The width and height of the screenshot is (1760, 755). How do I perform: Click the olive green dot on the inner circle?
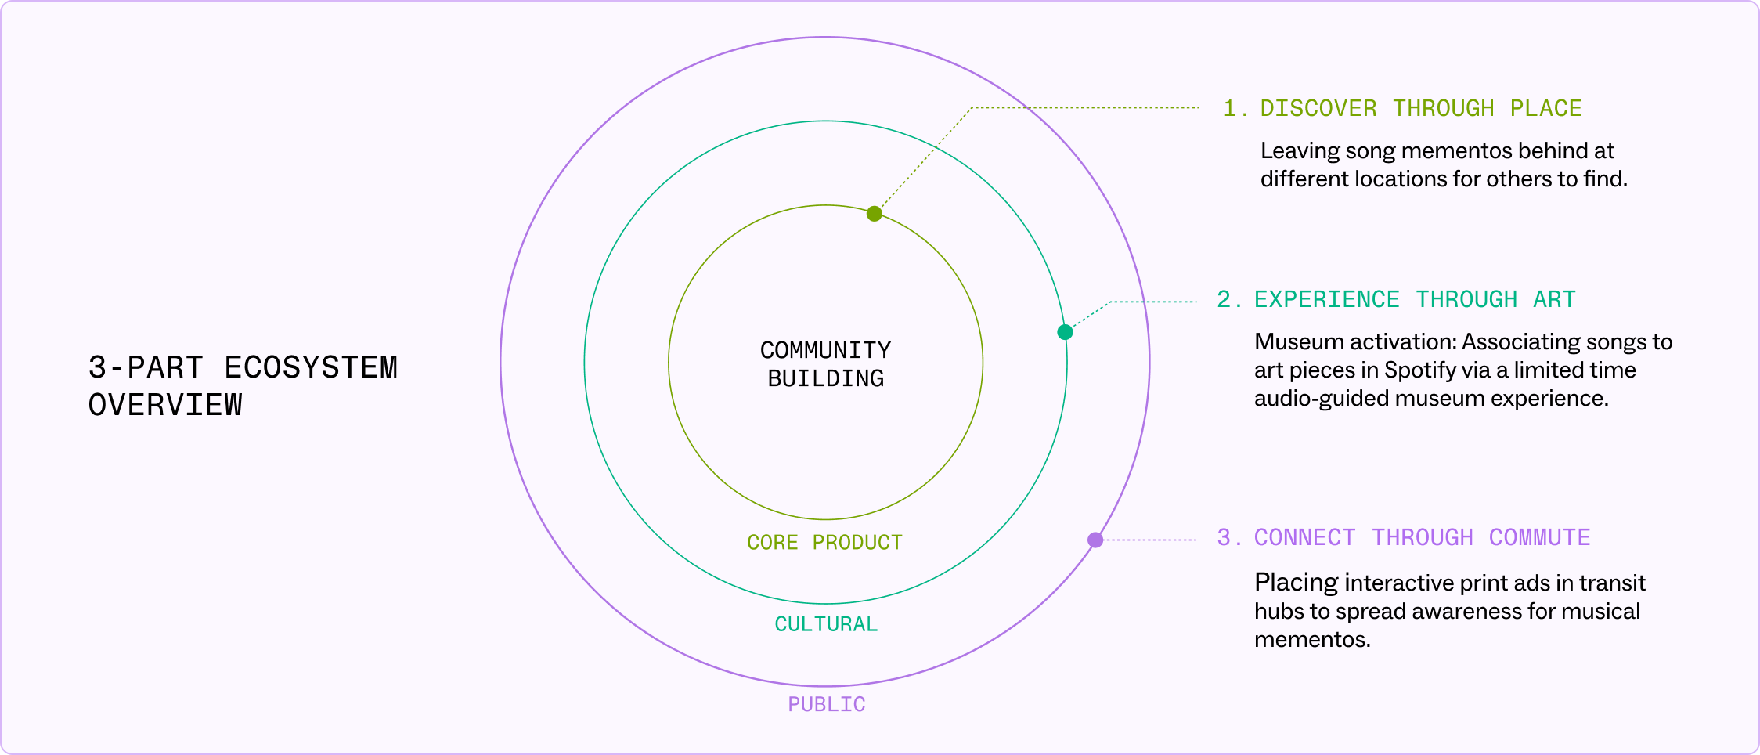coord(875,214)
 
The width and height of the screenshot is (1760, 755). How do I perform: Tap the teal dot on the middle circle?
coord(1065,332)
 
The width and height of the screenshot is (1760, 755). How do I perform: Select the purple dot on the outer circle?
coord(1095,540)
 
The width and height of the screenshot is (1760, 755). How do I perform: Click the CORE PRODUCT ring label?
coord(824,543)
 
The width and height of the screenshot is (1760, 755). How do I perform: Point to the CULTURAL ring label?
coord(826,624)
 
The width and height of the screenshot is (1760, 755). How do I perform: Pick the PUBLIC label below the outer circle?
coord(826,705)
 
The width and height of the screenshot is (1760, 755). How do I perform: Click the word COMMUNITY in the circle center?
coord(825,350)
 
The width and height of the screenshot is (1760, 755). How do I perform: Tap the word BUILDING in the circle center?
coord(825,379)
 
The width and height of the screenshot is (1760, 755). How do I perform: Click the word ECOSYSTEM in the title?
coord(311,368)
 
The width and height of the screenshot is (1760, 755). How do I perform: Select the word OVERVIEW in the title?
coord(165,406)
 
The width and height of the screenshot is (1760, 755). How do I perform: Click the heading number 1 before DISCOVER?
coord(1230,108)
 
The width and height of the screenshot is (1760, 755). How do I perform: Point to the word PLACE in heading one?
coord(1545,108)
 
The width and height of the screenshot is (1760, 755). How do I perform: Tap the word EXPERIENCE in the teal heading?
coord(1326,299)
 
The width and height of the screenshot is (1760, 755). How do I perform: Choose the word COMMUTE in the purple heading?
coord(1539,537)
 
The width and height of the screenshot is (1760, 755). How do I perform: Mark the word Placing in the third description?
coord(1296,583)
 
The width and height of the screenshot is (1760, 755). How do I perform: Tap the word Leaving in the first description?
coord(1300,150)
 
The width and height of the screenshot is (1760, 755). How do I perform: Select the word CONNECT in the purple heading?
coord(1304,537)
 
